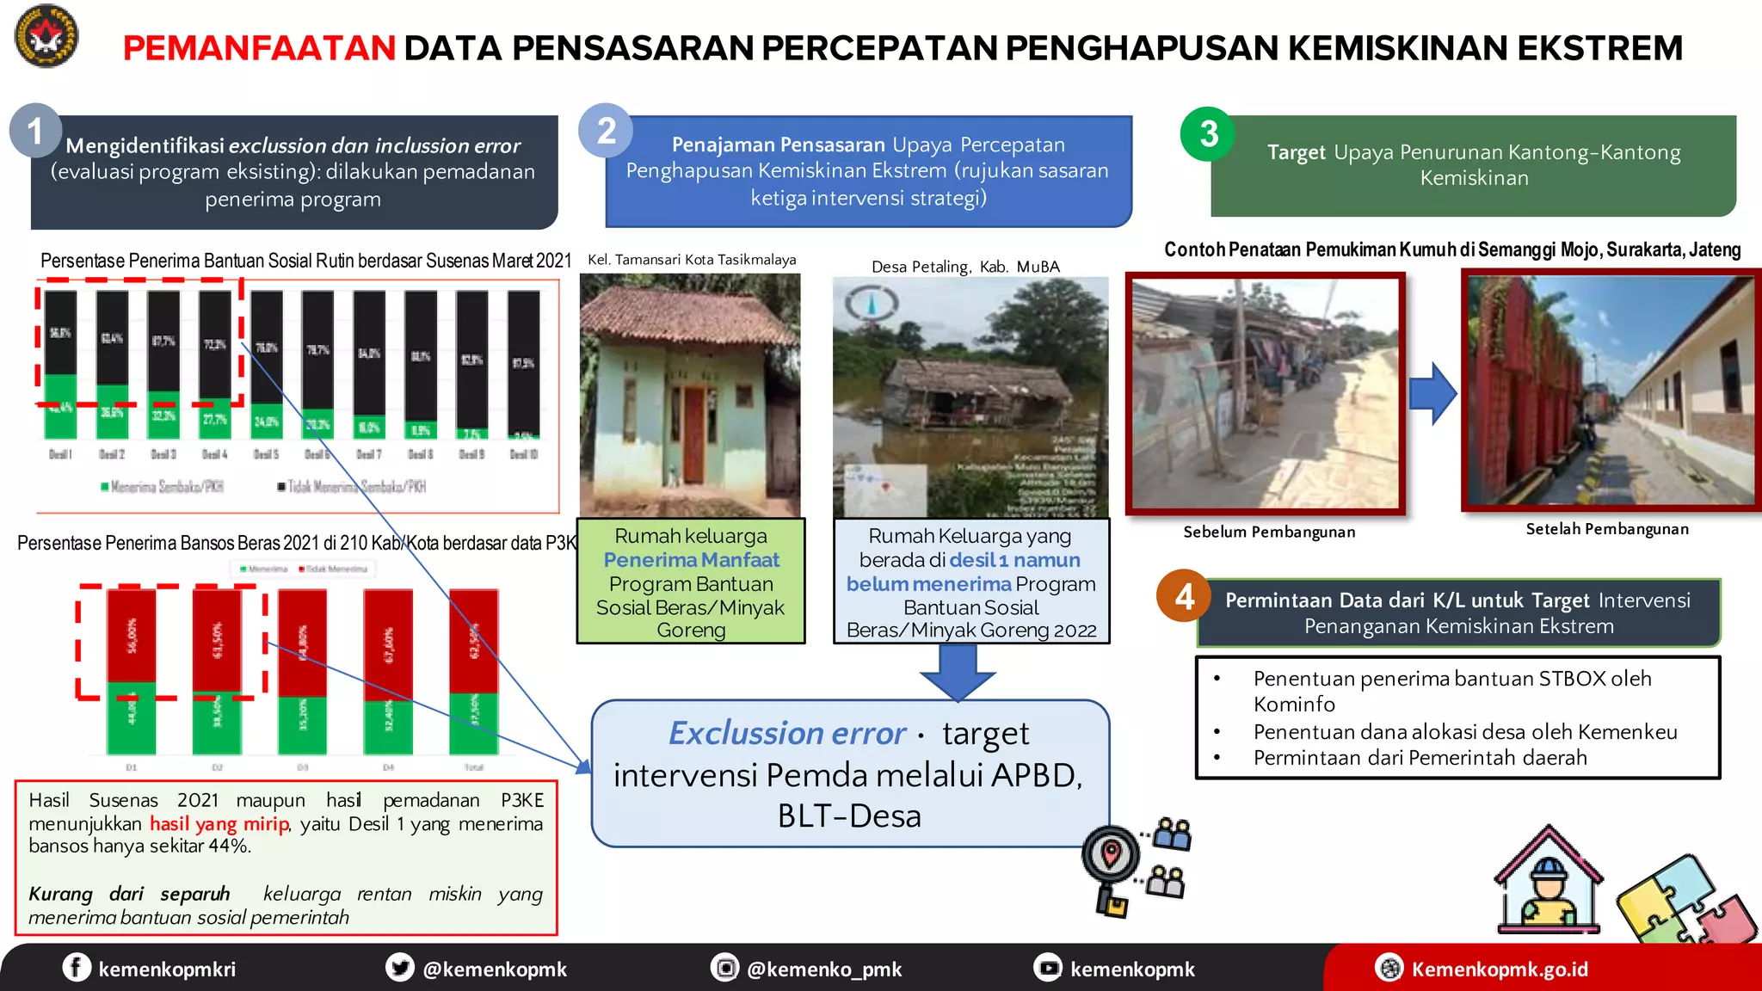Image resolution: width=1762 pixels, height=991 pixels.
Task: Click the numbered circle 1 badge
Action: [35, 131]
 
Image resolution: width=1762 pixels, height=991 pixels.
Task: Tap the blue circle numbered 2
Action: [606, 131]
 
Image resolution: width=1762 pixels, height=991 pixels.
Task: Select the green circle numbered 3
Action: [1208, 134]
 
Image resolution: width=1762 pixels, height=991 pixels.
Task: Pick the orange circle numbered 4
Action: [1184, 596]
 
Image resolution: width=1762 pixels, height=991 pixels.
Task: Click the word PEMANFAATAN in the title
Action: [259, 48]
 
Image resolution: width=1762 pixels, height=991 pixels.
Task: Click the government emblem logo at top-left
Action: [46, 36]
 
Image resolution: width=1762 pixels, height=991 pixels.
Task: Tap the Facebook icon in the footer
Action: [77, 967]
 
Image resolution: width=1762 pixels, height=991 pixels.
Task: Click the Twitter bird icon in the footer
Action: [400, 967]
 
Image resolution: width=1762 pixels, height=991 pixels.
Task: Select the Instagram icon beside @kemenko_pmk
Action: [724, 968]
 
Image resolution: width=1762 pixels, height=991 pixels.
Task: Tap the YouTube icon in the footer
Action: [1048, 968]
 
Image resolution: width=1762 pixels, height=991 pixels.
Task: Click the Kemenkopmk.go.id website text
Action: [1500, 969]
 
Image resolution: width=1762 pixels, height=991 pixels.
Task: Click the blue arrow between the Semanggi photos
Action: [1432, 393]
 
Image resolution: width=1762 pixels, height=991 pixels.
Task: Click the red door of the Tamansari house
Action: [693, 434]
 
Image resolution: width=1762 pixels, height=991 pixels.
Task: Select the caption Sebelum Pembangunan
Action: [1269, 532]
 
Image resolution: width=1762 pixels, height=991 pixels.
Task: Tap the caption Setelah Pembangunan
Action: [1607, 529]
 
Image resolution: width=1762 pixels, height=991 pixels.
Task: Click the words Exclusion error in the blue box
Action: [787, 733]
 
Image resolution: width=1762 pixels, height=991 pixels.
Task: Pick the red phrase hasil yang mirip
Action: [219, 823]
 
